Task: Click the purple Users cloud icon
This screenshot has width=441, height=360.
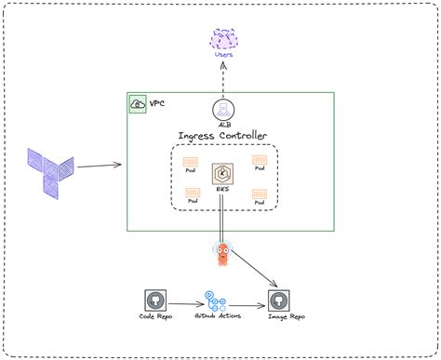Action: tap(224, 39)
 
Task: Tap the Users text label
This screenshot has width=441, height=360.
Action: tap(224, 56)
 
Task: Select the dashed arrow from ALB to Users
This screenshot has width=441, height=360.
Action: tap(224, 79)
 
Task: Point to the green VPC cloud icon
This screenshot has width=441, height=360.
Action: tap(138, 103)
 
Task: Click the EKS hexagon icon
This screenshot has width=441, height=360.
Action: tap(222, 174)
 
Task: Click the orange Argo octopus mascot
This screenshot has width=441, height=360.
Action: tap(223, 253)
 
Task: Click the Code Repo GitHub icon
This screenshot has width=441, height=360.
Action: tap(155, 300)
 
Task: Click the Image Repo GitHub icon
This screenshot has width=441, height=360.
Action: tap(278, 300)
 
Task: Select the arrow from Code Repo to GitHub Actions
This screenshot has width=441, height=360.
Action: tap(185, 301)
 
